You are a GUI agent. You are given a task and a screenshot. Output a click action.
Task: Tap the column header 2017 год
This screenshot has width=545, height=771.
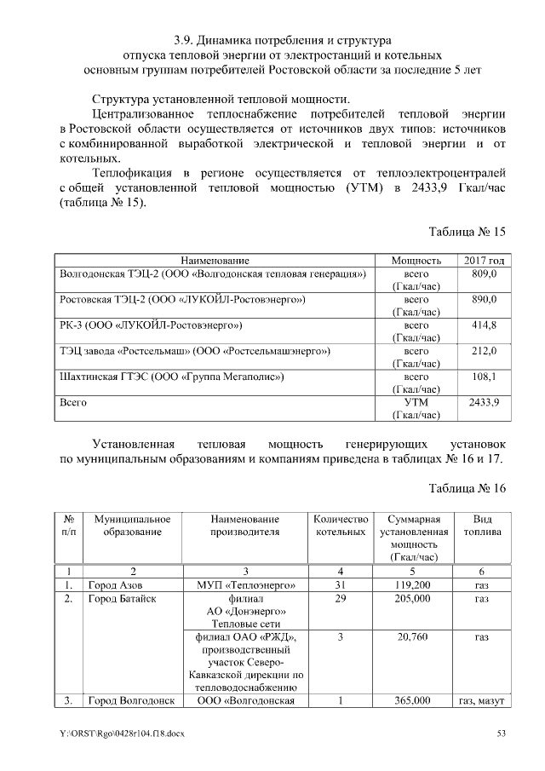483,260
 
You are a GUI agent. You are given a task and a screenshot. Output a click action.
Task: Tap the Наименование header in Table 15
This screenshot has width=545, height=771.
214,260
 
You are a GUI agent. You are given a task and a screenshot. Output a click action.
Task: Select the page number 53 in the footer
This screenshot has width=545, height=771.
502,734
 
